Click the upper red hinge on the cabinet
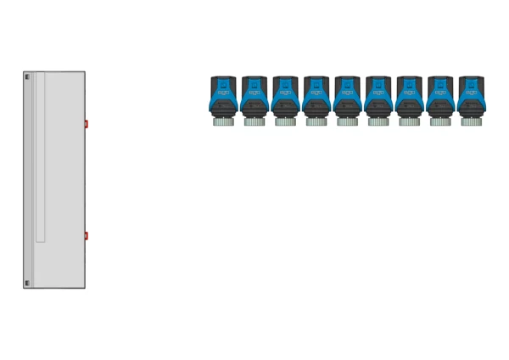(87, 124)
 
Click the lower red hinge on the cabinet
(87, 235)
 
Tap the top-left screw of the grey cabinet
(26, 77)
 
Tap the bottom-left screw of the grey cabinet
(26, 283)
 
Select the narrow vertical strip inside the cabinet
(40, 158)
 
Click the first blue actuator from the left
(225, 98)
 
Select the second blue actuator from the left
(255, 98)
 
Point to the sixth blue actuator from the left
(379, 98)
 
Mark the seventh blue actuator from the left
(410, 98)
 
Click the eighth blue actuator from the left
(441, 98)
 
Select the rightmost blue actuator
(472, 98)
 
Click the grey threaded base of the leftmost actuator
(225, 121)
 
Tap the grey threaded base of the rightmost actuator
(472, 121)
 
